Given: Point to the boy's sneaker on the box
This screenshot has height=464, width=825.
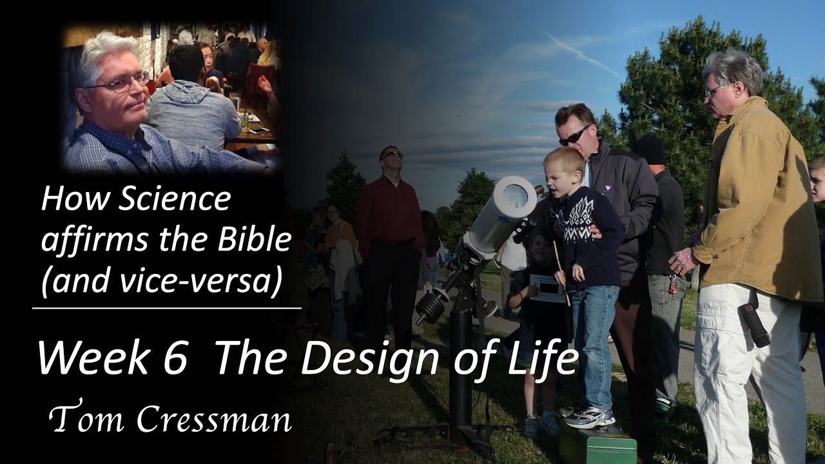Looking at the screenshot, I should (x=588, y=418).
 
